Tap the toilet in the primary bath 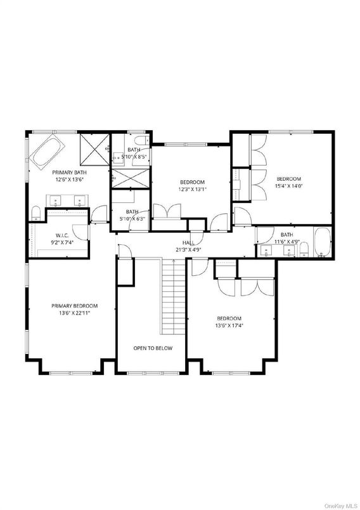pos(37,213)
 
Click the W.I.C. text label pos(63,235)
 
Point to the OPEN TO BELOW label pos(152,348)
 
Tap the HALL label pos(188,242)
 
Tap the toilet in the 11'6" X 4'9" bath pos(304,247)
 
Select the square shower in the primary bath pos(93,150)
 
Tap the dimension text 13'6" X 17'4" pos(229,326)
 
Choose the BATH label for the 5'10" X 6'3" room pos(132,212)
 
